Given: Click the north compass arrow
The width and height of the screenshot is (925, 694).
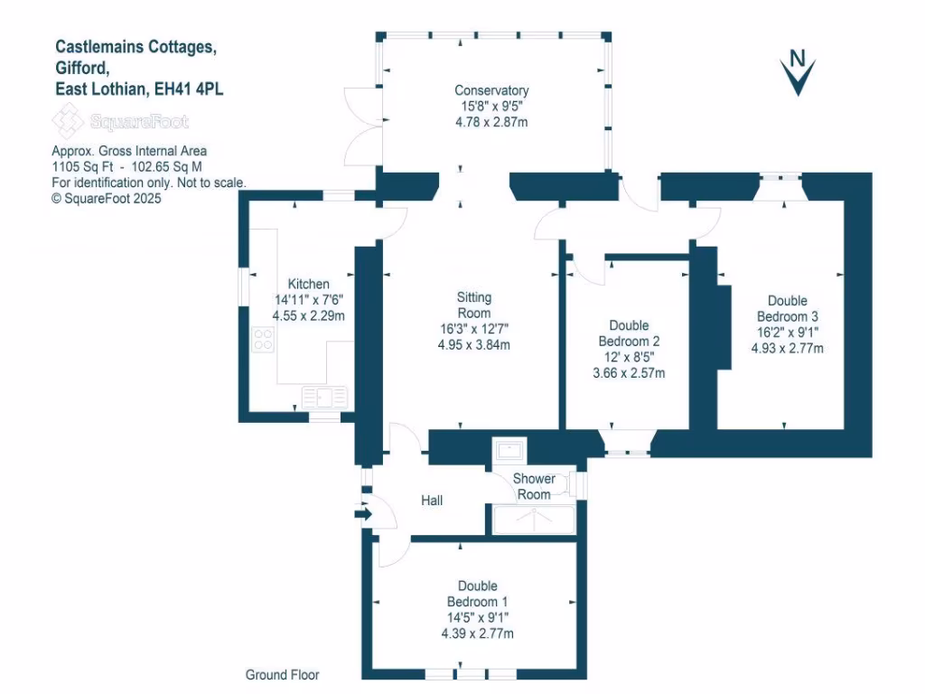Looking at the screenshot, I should [798, 72].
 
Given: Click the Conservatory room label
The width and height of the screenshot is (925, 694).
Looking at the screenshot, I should [491, 90].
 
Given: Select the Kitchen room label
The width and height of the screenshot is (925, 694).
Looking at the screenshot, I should [308, 284].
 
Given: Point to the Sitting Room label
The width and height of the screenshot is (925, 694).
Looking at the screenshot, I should [473, 305].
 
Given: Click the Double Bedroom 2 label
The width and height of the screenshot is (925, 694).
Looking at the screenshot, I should [629, 333].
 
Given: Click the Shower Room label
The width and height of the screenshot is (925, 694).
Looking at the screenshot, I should [533, 486].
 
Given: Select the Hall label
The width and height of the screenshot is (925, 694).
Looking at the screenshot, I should [432, 500].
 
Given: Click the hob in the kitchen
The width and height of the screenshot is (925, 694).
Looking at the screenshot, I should [264, 340].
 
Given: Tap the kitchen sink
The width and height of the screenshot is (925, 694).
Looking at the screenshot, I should [324, 396].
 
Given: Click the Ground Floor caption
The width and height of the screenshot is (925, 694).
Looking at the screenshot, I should [283, 674].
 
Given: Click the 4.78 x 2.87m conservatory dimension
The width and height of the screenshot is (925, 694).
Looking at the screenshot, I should [491, 121].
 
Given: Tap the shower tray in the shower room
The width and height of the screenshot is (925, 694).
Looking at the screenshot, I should [533, 520].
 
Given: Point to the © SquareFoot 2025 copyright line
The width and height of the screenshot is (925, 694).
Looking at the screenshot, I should [107, 199].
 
